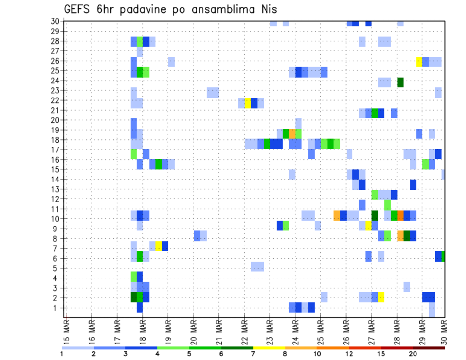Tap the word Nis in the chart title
266,9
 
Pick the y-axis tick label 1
57,308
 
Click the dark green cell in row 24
400,82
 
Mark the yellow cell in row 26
419,62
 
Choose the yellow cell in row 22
248,103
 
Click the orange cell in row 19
286,133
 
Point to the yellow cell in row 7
159,245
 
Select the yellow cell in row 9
368,226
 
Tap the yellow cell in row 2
382,297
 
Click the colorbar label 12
349,354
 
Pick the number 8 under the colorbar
285,354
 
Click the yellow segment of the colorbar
269,348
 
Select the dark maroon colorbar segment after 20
429,348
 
